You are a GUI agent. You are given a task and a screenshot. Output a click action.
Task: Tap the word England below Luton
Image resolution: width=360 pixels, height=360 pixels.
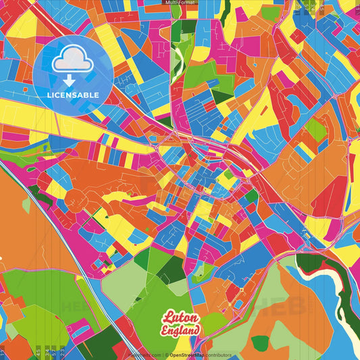point(181,330)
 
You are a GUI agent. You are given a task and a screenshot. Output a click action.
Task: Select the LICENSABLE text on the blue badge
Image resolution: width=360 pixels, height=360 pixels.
point(72,95)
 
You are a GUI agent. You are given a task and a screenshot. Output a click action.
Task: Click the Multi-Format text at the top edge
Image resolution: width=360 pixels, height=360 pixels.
point(180,3)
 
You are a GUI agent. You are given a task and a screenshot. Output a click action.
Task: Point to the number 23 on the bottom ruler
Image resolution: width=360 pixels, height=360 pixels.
point(62,353)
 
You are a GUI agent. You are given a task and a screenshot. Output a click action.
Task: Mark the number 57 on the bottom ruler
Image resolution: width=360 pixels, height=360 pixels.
point(3,353)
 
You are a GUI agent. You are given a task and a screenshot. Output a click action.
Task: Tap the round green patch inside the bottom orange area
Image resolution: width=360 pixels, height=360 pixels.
point(261,343)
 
